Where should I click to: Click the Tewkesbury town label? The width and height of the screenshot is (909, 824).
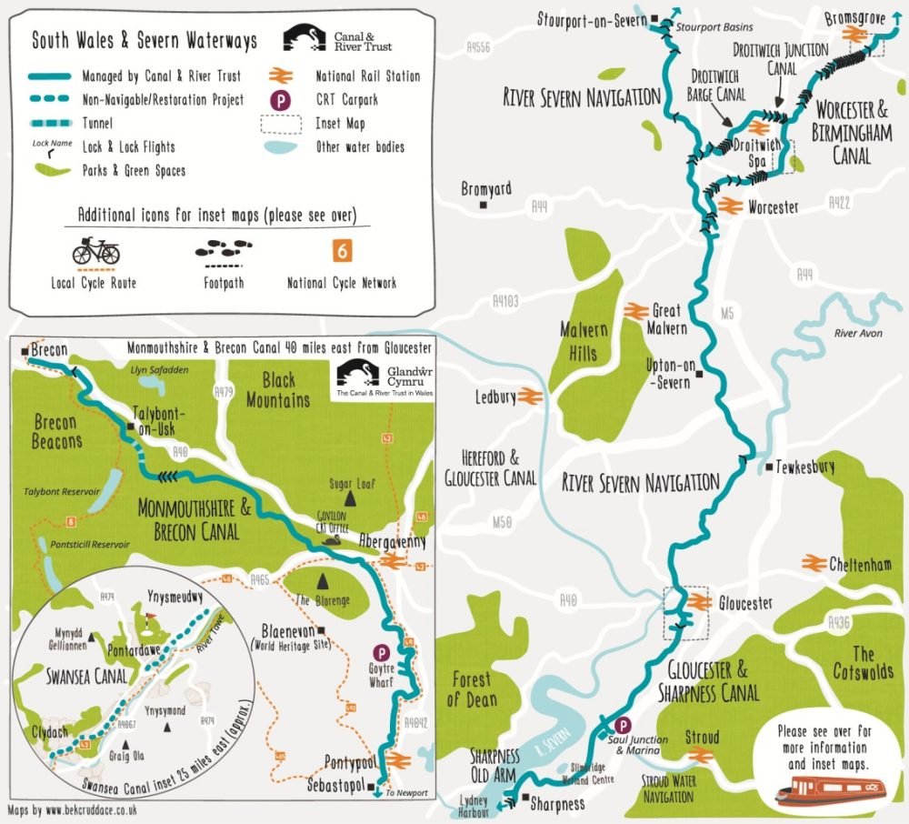(x=805, y=467)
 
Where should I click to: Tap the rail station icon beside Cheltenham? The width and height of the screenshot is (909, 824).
(x=814, y=563)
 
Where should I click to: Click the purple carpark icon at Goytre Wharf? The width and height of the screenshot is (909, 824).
(x=384, y=652)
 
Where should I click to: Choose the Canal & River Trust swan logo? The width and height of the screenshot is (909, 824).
(x=304, y=38)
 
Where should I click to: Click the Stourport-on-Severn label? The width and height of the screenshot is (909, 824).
(x=590, y=18)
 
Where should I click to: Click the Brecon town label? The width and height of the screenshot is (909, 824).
(x=51, y=349)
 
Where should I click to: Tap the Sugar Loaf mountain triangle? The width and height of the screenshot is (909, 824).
(x=348, y=497)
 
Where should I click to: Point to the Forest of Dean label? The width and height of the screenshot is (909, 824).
(x=471, y=688)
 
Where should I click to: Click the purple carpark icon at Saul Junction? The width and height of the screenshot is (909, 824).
(x=623, y=725)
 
